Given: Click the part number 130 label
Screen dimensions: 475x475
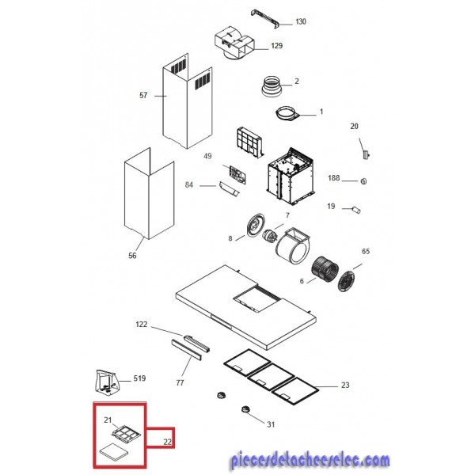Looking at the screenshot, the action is [301, 21].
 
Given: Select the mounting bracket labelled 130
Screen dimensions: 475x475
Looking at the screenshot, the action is [265, 19].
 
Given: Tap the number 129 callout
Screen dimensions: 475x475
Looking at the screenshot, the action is [276, 46].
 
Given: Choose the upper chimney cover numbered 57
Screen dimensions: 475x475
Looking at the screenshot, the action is [187, 101].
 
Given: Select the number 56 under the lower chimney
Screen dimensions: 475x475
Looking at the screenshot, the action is [132, 256].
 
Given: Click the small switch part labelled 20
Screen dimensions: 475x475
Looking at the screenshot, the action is [367, 154].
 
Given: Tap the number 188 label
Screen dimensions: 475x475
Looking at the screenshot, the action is [333, 178].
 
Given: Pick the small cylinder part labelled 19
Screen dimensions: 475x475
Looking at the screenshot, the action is [356, 210].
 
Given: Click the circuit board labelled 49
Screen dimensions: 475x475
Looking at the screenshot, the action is [237, 175].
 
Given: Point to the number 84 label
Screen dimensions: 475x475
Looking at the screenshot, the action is [189, 184].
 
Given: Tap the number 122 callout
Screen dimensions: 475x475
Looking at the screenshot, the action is [142, 325].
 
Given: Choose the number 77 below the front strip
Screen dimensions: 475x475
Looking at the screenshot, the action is [180, 383].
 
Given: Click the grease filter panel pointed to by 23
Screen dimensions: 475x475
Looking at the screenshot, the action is [295, 391].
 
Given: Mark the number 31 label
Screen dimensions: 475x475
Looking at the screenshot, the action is [271, 424].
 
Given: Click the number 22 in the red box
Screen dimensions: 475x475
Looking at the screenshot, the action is [168, 442].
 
